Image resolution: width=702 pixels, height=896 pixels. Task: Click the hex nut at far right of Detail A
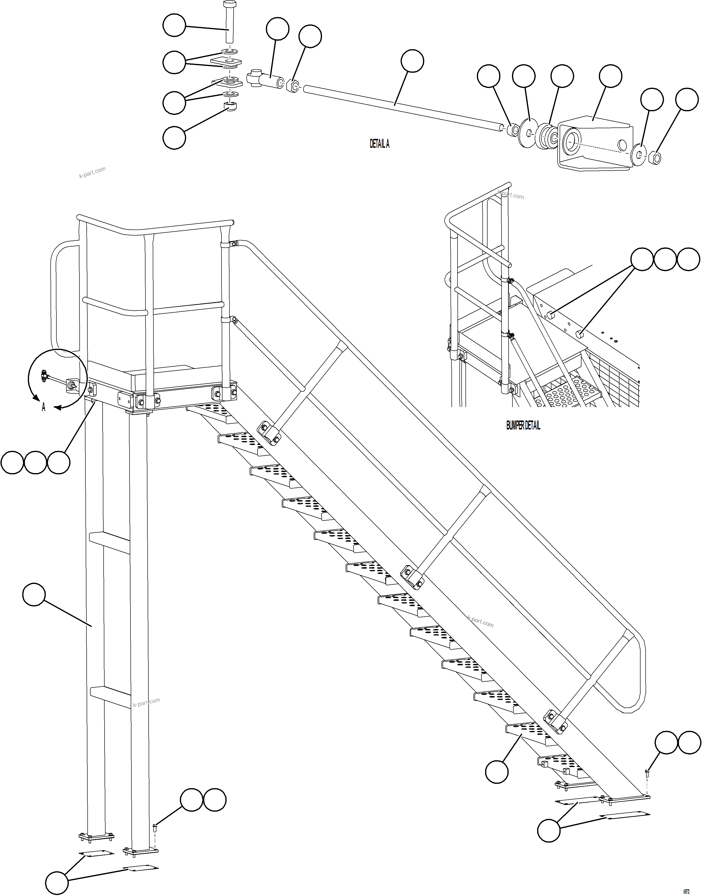pyautogui.click(x=656, y=158)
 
